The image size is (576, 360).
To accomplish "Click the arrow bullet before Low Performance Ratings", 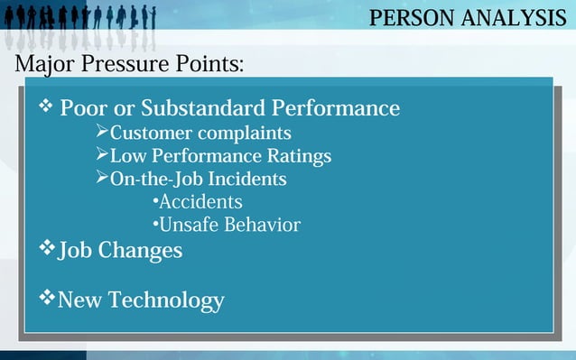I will click(x=101, y=155).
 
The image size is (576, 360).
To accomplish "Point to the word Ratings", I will click(x=296, y=156).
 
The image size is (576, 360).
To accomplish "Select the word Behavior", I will click(x=262, y=224).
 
